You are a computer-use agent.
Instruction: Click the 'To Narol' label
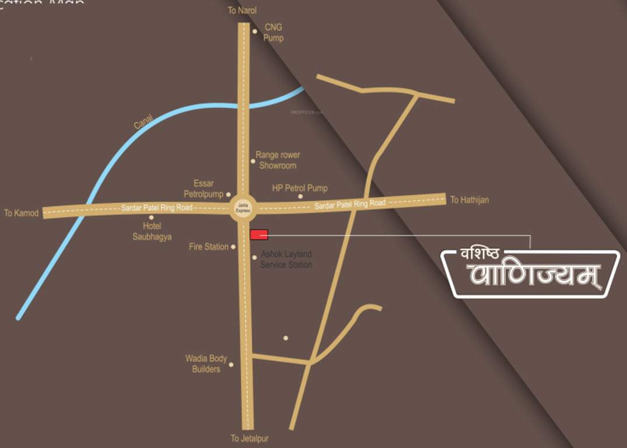coord(242,10)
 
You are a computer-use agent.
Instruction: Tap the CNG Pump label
coord(273,33)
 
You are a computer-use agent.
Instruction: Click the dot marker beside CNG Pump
coord(255,32)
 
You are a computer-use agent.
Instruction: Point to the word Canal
coord(143,122)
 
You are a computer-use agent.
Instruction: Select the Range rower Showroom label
coord(278,160)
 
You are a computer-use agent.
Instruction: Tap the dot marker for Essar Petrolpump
coord(228,195)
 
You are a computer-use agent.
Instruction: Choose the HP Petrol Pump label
coord(300,188)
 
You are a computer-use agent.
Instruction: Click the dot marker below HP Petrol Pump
coord(300,197)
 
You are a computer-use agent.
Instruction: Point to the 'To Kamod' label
coord(21,213)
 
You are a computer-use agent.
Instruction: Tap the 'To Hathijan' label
coord(469,200)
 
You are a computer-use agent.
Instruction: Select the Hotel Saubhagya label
coord(152,232)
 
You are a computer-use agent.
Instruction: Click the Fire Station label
coord(208,247)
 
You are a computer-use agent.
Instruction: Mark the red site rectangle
coord(259,235)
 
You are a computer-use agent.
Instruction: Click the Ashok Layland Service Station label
coord(286,260)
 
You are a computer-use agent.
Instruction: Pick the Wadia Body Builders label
coord(206,364)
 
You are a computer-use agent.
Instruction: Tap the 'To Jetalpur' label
coord(249,439)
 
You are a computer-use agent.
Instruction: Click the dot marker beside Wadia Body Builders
coord(231,365)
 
